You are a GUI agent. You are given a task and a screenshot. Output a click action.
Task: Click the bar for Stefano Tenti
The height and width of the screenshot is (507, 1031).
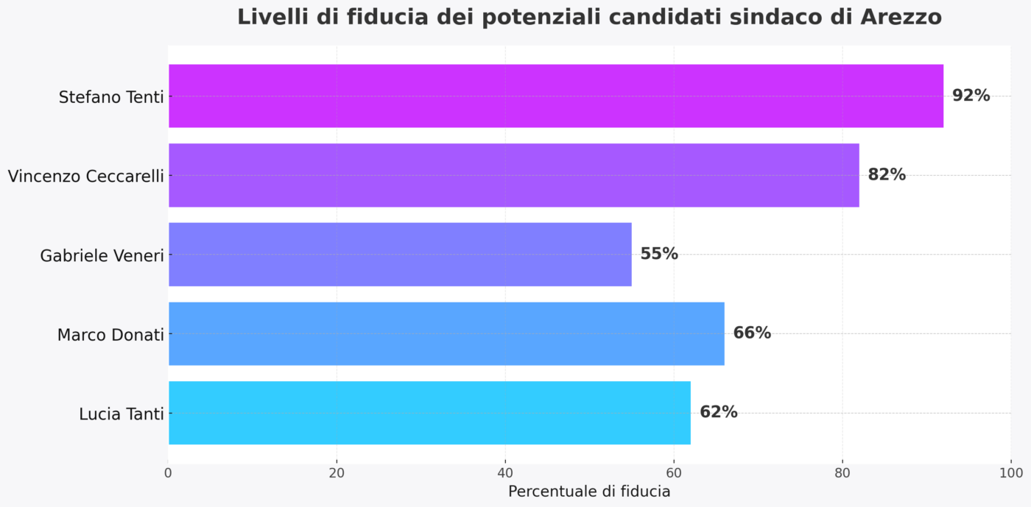click(x=556, y=96)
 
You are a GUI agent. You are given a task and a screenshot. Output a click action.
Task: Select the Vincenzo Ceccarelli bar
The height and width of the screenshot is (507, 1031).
click(x=514, y=175)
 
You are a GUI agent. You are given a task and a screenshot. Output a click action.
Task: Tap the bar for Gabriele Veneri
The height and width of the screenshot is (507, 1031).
click(x=400, y=254)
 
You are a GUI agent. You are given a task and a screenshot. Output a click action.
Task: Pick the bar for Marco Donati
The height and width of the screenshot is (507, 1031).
click(x=446, y=333)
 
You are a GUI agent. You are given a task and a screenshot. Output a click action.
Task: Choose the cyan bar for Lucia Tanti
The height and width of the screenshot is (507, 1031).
click(x=429, y=413)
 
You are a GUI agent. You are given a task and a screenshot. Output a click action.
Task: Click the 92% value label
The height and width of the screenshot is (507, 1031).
click(x=971, y=96)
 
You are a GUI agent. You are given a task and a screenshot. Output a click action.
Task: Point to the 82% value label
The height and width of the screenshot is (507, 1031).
click(x=887, y=175)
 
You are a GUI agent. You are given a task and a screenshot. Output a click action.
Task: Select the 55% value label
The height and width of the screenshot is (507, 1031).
click(x=659, y=254)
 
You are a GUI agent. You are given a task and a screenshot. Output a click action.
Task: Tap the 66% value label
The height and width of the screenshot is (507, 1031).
click(x=752, y=333)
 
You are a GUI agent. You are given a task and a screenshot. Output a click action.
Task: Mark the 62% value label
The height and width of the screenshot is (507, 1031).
click(x=718, y=413)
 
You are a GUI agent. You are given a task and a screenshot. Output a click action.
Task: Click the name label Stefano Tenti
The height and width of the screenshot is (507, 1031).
click(x=111, y=97)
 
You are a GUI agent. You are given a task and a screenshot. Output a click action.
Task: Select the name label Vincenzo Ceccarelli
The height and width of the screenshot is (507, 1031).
click(x=85, y=177)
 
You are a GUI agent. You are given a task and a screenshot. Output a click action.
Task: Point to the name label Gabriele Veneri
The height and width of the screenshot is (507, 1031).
click(x=102, y=256)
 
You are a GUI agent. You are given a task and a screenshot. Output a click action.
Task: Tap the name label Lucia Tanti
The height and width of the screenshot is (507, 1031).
click(x=122, y=414)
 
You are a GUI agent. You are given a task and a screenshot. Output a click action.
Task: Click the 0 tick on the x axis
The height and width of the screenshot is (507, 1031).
click(x=169, y=472)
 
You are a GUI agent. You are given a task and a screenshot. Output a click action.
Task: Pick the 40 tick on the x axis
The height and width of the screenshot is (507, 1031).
click(x=505, y=472)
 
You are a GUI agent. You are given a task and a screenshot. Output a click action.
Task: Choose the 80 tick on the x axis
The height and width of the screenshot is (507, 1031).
click(x=842, y=472)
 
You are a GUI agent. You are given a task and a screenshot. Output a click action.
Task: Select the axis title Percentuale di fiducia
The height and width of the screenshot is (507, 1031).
click(x=589, y=492)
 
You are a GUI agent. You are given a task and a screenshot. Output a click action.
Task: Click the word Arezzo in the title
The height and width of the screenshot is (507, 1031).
click(x=901, y=17)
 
